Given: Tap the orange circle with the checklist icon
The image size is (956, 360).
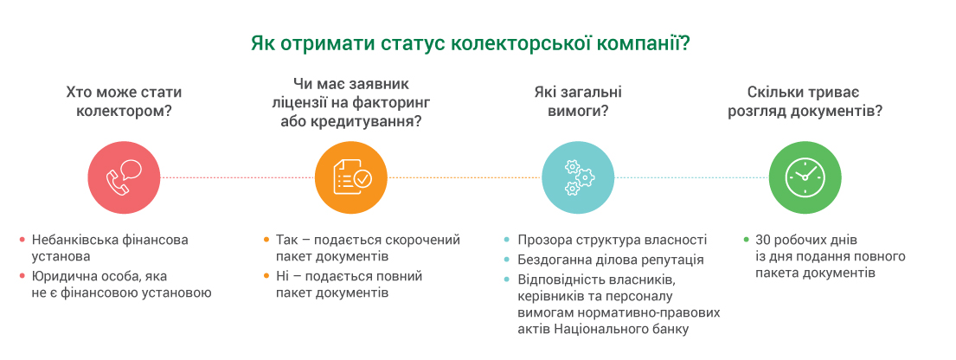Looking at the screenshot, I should tap(351, 177).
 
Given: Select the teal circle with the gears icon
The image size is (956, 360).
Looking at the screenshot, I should tap(578, 177).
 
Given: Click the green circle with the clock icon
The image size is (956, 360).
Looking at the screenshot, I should tap(805, 177).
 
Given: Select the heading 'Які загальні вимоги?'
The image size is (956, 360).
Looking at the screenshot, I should tap(578, 100).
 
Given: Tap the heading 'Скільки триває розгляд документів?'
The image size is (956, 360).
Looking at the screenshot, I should tap(805, 100).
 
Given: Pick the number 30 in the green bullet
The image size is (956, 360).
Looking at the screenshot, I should tap(763, 240).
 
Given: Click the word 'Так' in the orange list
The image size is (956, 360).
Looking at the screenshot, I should tap(286, 240).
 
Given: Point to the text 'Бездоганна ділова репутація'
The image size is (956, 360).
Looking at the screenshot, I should tap(610, 260).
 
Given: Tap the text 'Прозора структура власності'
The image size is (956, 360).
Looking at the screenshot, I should tap(612, 240).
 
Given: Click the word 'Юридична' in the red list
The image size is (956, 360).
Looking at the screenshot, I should tap(61, 276).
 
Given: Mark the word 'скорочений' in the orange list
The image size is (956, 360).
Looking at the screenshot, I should tap(428, 240).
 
